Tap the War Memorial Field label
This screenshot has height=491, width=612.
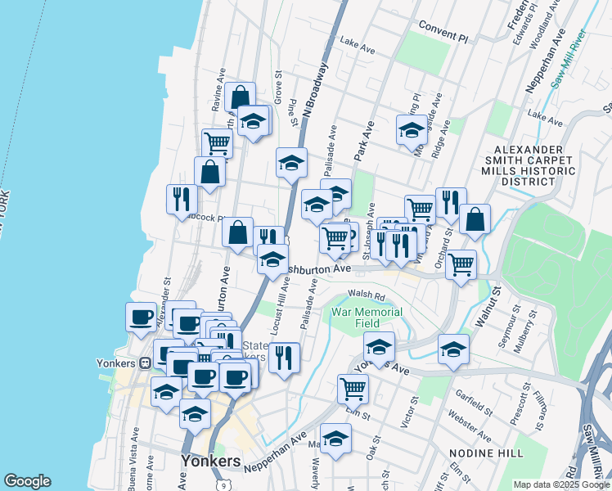[367, 318]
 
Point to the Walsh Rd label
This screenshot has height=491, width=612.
[366, 295]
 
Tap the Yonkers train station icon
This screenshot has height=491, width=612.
[145, 363]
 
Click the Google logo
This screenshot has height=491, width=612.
[27, 481]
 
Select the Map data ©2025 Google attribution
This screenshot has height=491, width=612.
[560, 484]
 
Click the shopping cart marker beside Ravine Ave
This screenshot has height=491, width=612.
[217, 142]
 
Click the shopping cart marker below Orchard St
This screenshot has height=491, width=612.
[461, 264]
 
